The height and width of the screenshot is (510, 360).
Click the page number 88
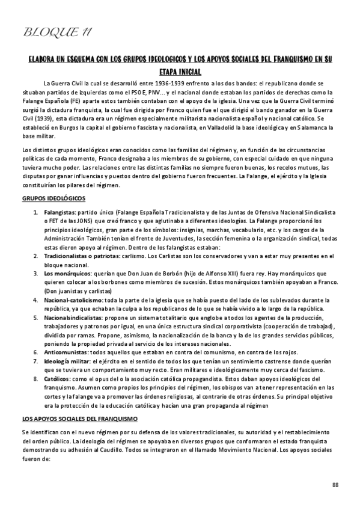point(335,485)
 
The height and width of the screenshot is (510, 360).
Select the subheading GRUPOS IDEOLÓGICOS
point(53,198)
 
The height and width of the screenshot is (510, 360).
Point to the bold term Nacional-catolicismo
point(73,299)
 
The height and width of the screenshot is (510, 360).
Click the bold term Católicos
point(56,379)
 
